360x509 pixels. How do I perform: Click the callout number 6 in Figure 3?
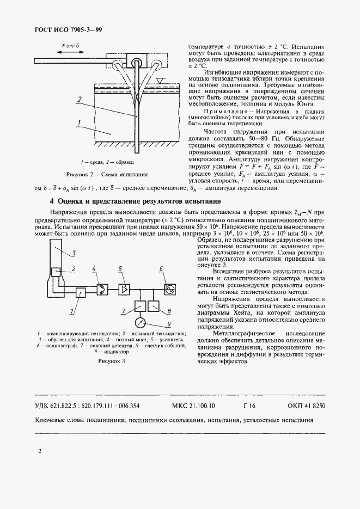tap(162, 268)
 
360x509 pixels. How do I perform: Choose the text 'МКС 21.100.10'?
tap(193, 406)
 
